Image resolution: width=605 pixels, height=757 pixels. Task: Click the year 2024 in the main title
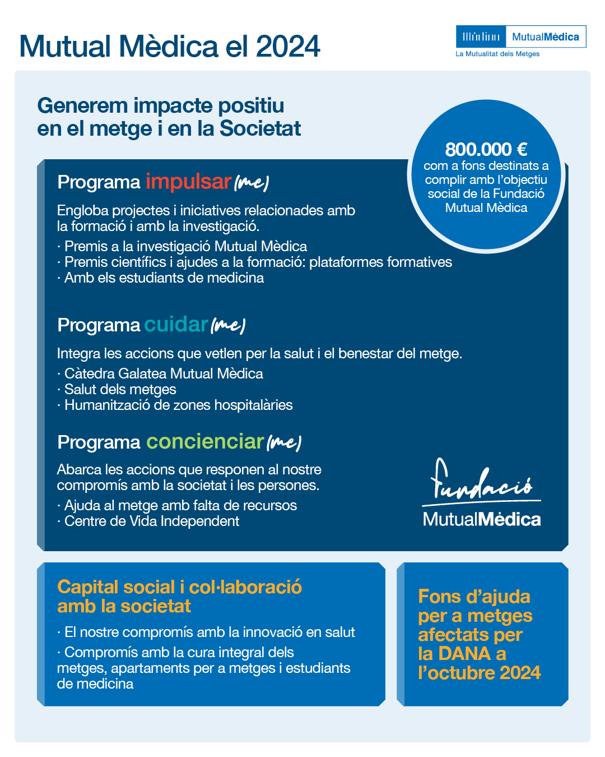pos(288,46)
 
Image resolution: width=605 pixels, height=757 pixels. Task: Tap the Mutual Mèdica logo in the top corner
pos(520,37)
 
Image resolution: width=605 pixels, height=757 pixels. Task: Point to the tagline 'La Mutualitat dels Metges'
pos(497,54)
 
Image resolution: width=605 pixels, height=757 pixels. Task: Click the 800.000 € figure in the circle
pos(486,150)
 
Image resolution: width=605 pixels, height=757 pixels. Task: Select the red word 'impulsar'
pos(188,182)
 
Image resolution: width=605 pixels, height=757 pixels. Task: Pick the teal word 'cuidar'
pos(176,325)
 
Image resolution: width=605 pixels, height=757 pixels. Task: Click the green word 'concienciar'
pos(205,442)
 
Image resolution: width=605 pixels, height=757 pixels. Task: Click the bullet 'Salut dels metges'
pos(120,389)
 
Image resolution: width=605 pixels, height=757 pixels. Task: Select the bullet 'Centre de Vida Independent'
pos(151,521)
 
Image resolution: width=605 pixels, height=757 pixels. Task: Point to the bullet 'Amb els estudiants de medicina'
pos(164,278)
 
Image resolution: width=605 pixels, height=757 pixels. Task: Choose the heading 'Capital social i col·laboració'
pos(179,587)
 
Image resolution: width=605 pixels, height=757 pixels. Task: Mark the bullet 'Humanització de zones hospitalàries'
pos(178,405)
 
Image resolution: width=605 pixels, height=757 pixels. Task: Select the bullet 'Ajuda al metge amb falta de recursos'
pos(180,505)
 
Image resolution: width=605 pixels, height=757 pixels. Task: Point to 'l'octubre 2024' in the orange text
pos(480,673)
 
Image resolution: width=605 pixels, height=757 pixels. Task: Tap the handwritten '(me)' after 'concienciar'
pos(284,443)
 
